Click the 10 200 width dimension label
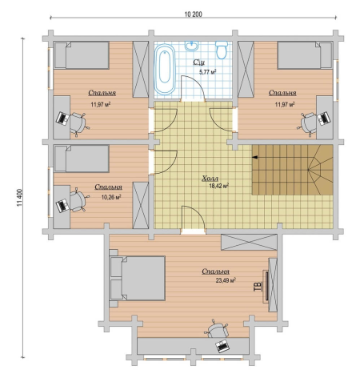(193, 14)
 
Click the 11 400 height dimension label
(20, 198)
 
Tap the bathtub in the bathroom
(165, 70)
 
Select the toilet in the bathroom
(222, 50)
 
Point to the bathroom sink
(191, 46)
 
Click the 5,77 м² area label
(207, 72)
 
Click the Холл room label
(210, 179)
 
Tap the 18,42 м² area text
(218, 186)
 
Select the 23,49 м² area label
(226, 280)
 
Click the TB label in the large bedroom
(258, 286)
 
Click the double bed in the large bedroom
(137, 278)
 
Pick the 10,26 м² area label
(111, 197)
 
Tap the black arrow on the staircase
(255, 157)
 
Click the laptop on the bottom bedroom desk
(222, 346)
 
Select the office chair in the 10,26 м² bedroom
(77, 200)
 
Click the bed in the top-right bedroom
(305, 55)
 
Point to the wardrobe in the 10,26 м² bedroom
(141, 205)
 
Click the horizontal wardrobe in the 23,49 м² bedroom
(249, 242)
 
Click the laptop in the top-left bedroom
(62, 119)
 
